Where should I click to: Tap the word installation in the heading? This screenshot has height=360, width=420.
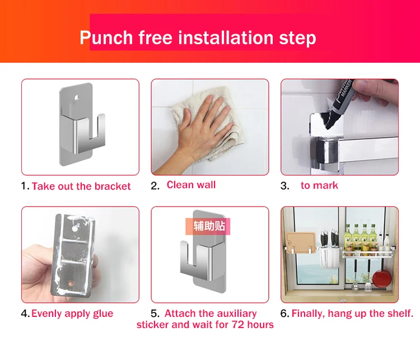[226, 38]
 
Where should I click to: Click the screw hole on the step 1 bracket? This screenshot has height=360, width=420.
[77, 97]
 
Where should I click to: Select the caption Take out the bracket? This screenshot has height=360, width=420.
[81, 186]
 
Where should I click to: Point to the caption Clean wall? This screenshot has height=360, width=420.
[191, 185]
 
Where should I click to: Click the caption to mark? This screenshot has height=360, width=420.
[319, 185]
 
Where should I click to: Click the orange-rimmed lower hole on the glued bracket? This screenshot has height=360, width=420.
[72, 283]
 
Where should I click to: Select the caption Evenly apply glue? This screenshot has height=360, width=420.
[72, 314]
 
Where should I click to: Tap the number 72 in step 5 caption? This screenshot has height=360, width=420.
[238, 325]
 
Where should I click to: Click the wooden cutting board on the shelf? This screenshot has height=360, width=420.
[301, 242]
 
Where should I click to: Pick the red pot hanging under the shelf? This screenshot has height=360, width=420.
[381, 279]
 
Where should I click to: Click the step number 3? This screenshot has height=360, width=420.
[284, 186]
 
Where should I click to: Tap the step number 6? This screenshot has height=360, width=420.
[284, 314]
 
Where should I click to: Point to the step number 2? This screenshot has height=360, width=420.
[155, 186]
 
